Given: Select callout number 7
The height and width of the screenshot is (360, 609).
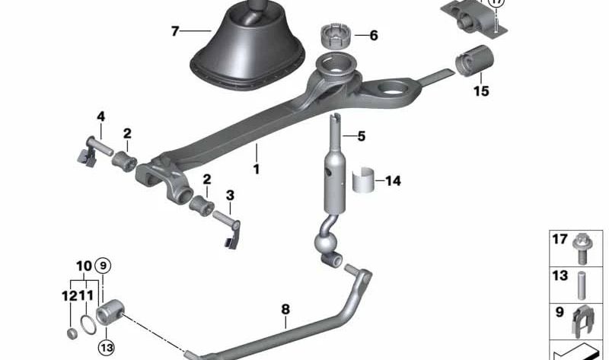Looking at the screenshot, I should click(x=175, y=31).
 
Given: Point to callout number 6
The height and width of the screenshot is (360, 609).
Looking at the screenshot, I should click(x=373, y=35).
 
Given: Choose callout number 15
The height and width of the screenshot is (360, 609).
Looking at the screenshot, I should click(x=480, y=92).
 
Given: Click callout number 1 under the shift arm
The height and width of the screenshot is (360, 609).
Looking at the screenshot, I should click(x=257, y=168).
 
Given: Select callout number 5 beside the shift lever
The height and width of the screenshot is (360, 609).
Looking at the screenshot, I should click(x=361, y=136).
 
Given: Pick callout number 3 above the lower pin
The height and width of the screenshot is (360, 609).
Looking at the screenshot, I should click(x=231, y=195).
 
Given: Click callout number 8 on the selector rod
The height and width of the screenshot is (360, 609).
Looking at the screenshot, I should click(x=285, y=309).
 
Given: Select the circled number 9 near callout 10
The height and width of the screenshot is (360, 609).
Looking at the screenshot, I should click(x=104, y=266).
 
